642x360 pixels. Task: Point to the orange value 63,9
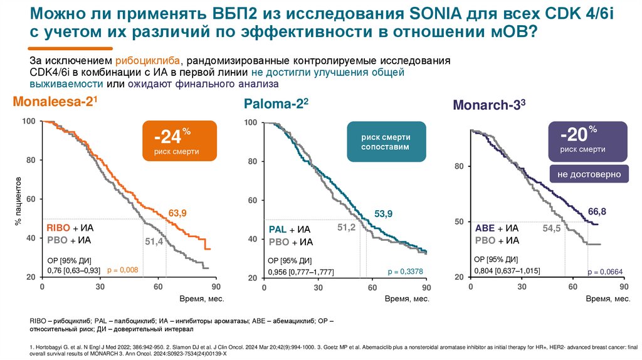coord(178,214)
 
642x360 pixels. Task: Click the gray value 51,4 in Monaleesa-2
coord(154,241)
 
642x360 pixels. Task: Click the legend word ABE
coord(485,228)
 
